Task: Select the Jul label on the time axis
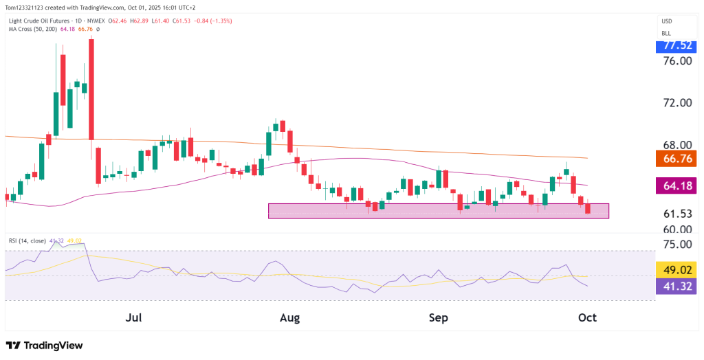(x=135, y=318)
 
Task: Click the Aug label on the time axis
(x=290, y=318)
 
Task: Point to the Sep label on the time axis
(x=438, y=318)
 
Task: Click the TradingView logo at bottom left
(x=44, y=346)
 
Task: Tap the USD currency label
(x=666, y=21)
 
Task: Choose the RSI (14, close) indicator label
(x=27, y=241)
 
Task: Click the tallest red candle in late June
(x=91, y=89)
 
